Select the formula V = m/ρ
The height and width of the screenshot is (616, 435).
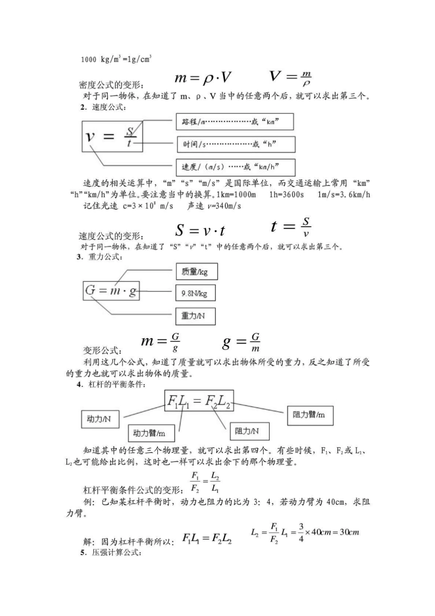tap(290, 77)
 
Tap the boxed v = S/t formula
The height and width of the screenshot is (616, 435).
tap(112, 136)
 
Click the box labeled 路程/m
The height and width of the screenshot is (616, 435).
tap(234, 122)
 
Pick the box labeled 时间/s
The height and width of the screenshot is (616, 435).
tap(236, 144)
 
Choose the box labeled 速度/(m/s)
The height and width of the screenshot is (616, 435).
tap(235, 167)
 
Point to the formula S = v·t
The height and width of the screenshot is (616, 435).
tap(200, 230)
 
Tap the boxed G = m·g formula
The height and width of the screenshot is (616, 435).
tap(111, 291)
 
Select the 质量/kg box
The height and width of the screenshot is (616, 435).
tap(196, 272)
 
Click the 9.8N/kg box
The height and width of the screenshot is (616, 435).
tap(195, 293)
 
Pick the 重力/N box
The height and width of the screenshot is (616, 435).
tap(195, 316)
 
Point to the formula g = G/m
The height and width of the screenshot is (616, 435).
tap(241, 342)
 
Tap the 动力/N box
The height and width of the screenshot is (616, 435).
tap(99, 419)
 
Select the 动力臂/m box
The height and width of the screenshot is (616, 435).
tap(149, 433)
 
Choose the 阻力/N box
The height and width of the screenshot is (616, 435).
tap(249, 431)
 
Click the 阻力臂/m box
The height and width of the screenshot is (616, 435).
tap(310, 415)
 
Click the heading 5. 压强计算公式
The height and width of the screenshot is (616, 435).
tap(110, 552)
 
